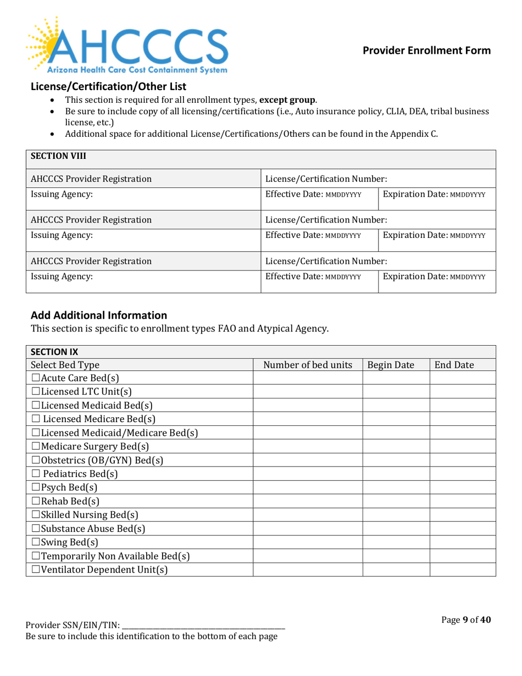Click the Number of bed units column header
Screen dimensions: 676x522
point(307,364)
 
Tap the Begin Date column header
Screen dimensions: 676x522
point(396,364)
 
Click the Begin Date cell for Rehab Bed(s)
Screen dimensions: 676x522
point(396,501)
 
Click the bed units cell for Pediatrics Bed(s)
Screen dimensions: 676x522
point(307,473)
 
